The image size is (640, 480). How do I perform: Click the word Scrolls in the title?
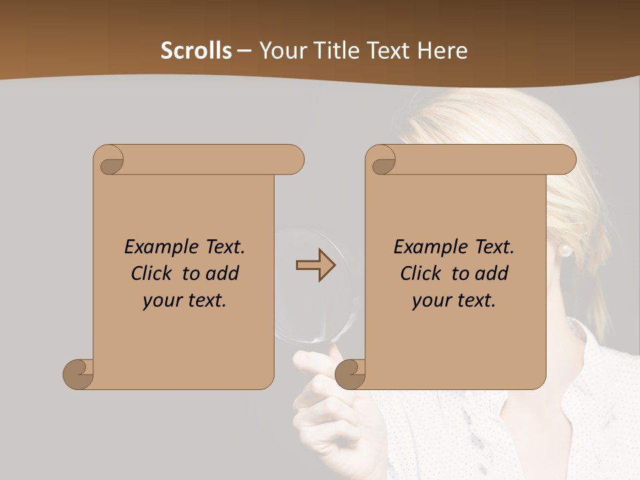pyautogui.click(x=197, y=51)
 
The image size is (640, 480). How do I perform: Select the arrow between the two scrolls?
pyautogui.click(x=315, y=265)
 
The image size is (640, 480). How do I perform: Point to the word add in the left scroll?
pyautogui.click(x=223, y=273)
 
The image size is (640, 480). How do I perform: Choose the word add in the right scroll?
pyautogui.click(x=492, y=273)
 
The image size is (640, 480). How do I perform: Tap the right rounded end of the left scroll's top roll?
pyautogui.click(x=294, y=160)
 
